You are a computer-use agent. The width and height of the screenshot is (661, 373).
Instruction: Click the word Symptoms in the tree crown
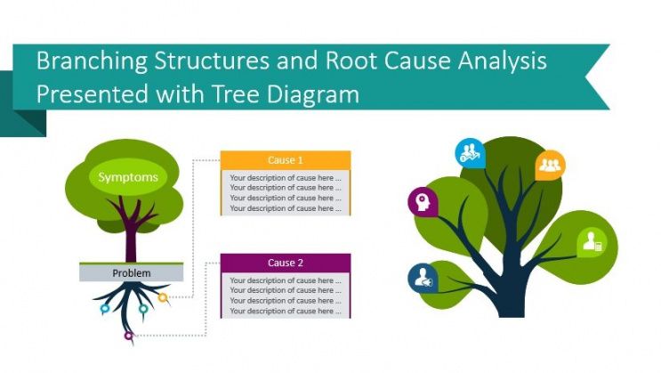(128, 177)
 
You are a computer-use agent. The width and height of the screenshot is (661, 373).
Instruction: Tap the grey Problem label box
(131, 273)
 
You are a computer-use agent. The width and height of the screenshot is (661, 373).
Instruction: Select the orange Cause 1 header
(285, 160)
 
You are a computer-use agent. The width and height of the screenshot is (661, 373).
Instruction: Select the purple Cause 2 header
(285, 263)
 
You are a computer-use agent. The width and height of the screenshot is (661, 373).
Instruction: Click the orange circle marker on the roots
(163, 297)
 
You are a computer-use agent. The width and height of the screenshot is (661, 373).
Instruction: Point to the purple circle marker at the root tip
(128, 337)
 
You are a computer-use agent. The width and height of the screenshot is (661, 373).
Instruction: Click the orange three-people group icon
(550, 165)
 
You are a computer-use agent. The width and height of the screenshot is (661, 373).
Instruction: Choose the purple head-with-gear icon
(420, 202)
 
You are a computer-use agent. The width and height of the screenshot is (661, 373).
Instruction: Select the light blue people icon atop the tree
(469, 153)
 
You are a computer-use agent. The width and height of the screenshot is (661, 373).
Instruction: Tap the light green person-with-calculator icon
(592, 241)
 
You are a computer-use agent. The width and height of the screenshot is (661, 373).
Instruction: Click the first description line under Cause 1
(285, 178)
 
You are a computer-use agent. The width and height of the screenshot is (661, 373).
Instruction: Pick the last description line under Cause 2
(285, 312)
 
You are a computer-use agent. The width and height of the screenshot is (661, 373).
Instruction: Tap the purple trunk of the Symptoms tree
(131, 240)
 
